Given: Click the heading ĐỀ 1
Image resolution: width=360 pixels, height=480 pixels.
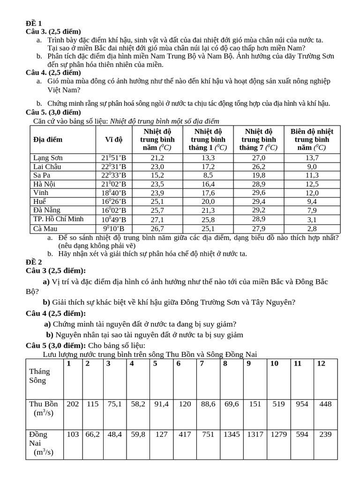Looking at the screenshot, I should click(33, 23).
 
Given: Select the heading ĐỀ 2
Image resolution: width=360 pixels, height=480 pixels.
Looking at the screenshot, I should click(34, 262).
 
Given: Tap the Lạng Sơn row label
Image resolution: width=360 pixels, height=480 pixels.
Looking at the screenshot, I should click(48, 157).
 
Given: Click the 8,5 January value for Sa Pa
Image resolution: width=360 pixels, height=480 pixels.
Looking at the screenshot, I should click(208, 175).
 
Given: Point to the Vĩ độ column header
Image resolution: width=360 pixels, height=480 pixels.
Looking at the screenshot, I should click(113, 139).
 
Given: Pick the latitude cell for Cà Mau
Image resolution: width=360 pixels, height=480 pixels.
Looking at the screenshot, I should click(113, 228).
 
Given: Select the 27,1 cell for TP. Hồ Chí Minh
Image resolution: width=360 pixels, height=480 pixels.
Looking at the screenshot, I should click(157, 219).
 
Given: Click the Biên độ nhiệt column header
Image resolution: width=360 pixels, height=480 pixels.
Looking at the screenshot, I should click(312, 139).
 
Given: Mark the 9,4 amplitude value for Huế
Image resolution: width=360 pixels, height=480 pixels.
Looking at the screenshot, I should click(312, 202).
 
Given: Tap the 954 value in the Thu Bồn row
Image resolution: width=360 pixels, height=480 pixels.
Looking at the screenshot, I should click(302, 404).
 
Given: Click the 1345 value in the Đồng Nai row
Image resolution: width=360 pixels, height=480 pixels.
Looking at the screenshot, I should click(232, 434).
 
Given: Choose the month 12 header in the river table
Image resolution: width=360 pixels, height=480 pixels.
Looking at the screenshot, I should click(321, 363).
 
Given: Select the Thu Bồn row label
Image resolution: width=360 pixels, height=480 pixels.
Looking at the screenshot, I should click(44, 408).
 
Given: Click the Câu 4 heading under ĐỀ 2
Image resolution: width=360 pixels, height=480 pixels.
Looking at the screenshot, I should click(56, 313).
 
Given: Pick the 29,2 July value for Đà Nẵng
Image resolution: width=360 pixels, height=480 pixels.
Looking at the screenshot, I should click(259, 210).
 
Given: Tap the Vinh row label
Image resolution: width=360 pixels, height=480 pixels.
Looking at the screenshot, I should click(41, 193).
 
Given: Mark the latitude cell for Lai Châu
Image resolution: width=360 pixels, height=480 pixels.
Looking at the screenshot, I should click(113, 166).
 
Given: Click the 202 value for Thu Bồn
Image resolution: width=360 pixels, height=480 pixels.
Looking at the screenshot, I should click(73, 404).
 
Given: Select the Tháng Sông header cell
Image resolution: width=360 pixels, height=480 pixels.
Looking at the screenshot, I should click(39, 375).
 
